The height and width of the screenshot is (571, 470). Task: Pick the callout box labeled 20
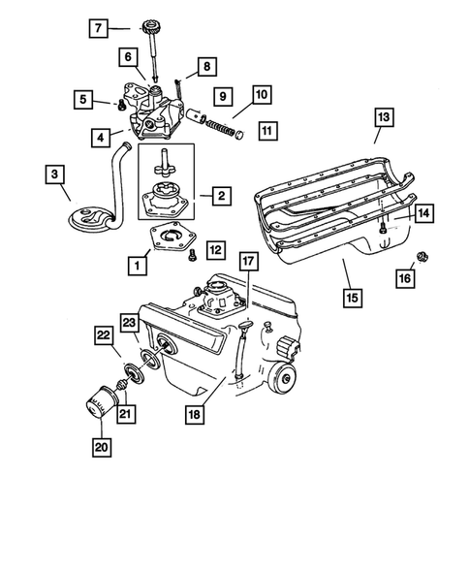point(101,447)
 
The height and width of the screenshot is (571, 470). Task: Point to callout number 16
point(404,278)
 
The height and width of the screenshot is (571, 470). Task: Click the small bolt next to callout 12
point(193,254)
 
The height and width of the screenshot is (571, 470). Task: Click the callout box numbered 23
point(128,323)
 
